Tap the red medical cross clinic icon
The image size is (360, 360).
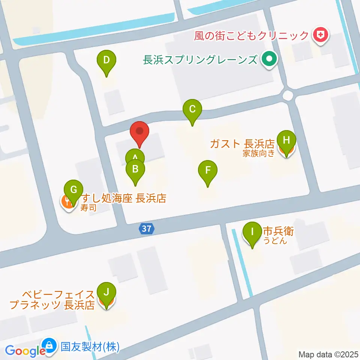click(x=321, y=36)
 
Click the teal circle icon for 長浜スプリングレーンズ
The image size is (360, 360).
click(x=269, y=59)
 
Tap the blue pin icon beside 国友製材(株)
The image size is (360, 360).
click(x=49, y=345)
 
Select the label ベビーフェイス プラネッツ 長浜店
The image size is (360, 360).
click(x=52, y=299)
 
